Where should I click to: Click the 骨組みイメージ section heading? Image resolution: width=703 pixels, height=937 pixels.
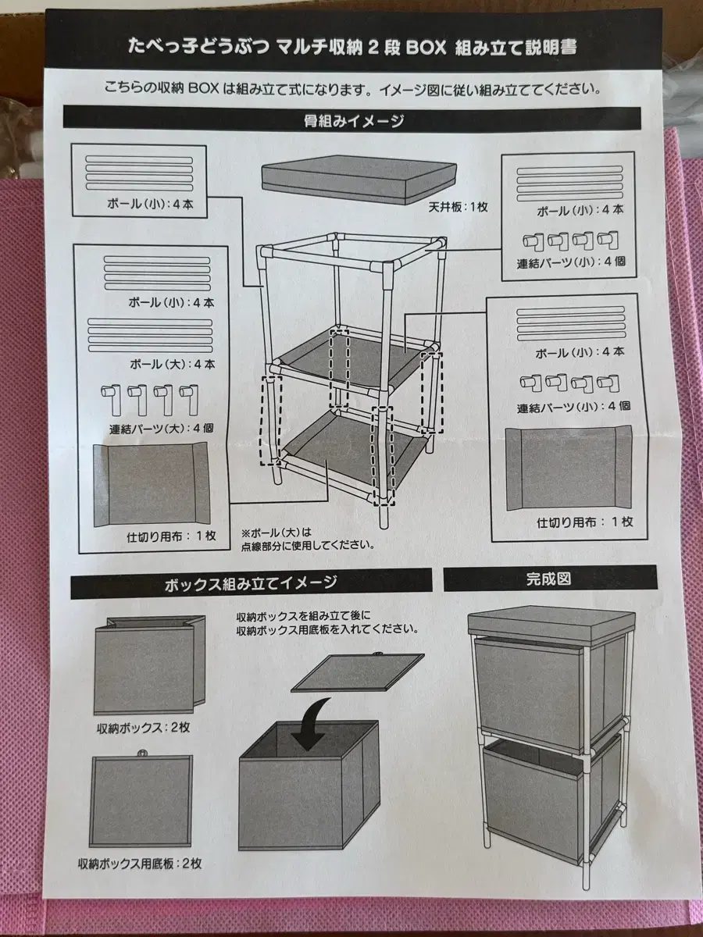pos(354,121)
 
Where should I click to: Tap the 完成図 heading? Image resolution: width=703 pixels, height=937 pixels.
pos(548,579)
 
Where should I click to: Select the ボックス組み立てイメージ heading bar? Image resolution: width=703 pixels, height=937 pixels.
pos(252,583)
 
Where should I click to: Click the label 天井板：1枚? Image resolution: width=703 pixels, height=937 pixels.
pos(458,208)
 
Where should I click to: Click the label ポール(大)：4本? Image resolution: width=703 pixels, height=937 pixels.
pos(173,364)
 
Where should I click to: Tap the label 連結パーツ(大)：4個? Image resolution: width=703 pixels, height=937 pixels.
pos(162,428)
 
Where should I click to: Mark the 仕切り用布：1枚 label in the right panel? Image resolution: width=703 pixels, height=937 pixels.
pos(585,522)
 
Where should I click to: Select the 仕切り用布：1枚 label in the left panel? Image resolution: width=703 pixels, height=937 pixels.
pos(172,536)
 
